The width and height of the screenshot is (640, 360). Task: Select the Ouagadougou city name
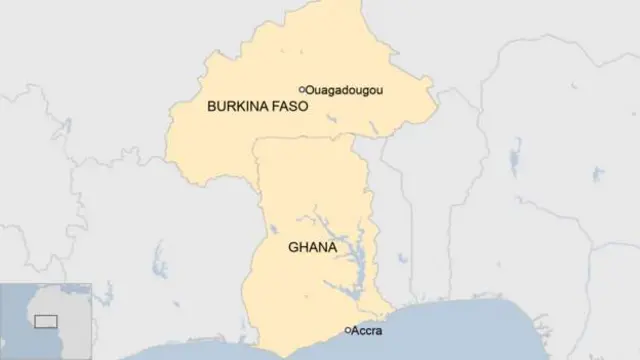coord(344,89)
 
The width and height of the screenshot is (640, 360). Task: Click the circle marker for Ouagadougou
coord(302,89)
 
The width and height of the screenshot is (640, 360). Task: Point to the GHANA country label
coord(311,246)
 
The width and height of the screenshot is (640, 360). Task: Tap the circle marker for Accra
coord(348,330)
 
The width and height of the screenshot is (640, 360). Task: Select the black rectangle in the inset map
coord(45,321)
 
